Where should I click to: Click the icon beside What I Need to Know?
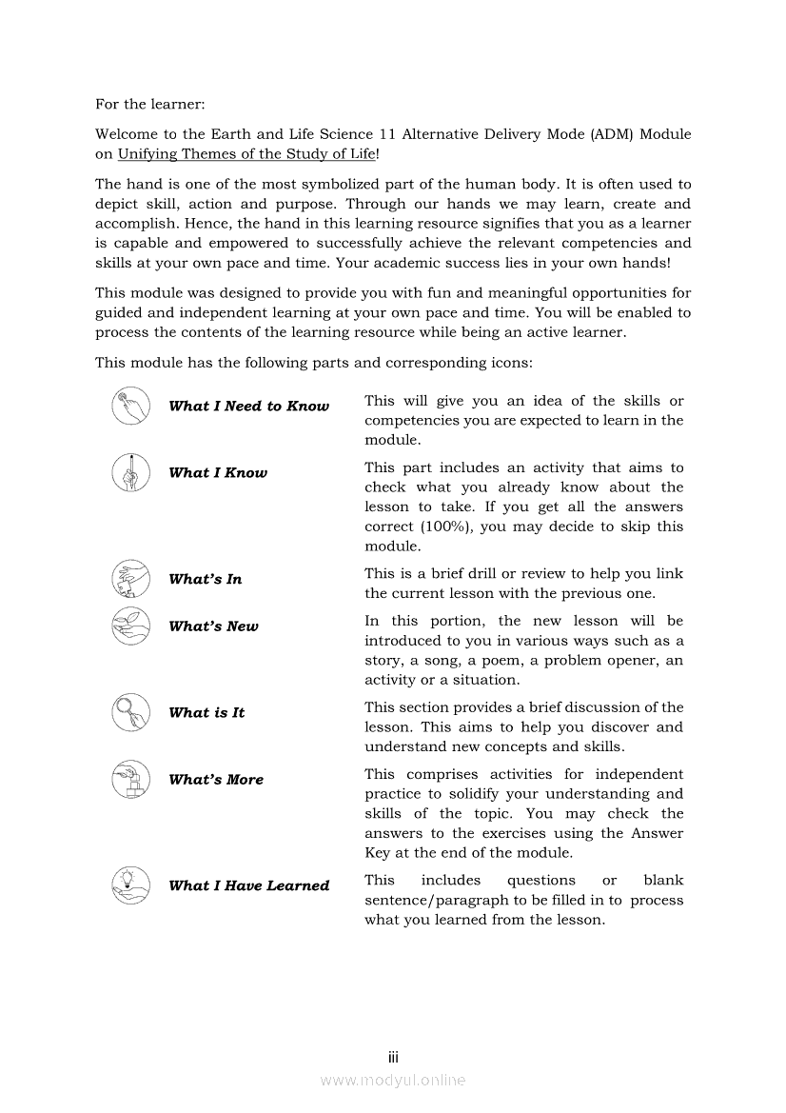point(129,407)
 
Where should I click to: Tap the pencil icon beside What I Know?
point(129,472)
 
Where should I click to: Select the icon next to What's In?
point(129,579)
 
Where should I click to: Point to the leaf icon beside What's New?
point(129,626)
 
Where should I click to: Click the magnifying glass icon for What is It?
point(129,712)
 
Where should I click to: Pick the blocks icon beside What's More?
point(129,779)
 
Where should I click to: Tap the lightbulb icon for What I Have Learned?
point(129,884)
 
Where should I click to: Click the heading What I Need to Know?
point(248,407)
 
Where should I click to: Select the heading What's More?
point(216,780)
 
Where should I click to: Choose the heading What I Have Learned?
point(248,885)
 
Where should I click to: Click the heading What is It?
point(206,713)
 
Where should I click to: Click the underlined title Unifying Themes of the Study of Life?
point(246,154)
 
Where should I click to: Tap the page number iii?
point(393,1058)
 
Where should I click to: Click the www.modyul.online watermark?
point(393,1080)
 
